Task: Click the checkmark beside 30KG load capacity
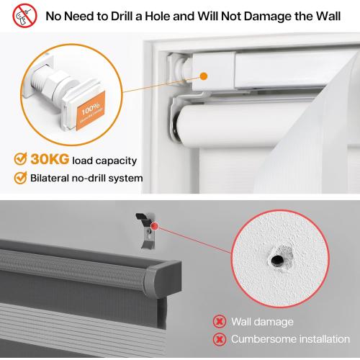tap(20, 160)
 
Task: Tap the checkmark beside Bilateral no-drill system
tap(20, 178)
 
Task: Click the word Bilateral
tap(52, 178)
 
